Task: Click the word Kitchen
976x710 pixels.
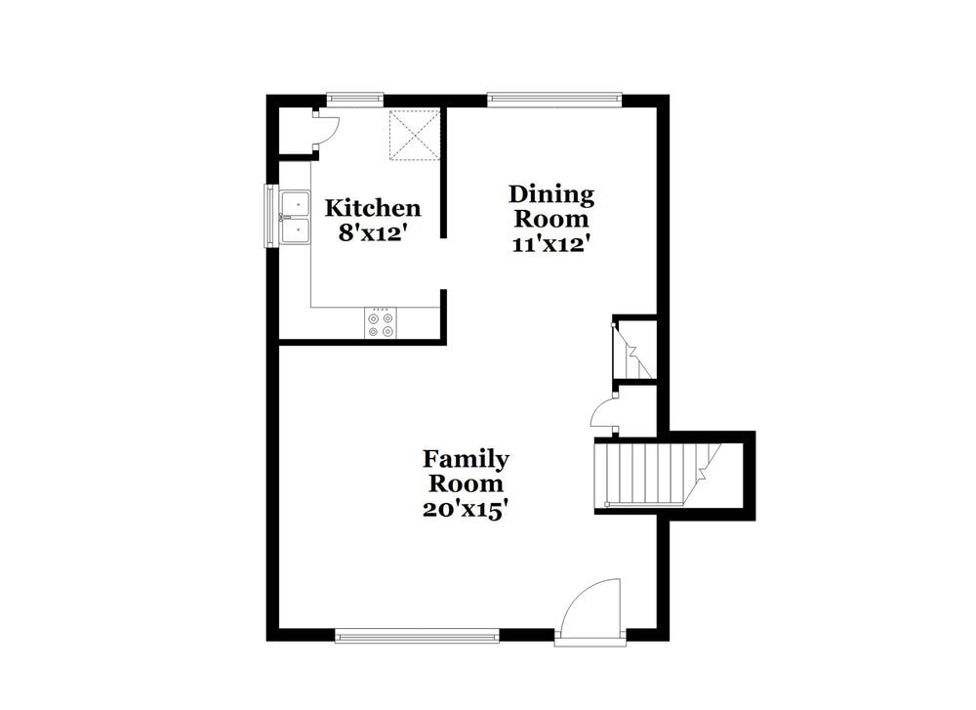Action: click(373, 208)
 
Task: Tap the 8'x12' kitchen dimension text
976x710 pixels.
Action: click(373, 233)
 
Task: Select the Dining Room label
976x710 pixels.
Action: click(550, 206)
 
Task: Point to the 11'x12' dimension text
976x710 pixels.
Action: click(550, 244)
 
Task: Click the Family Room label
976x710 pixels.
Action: click(465, 471)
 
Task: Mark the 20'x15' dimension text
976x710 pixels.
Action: click(465, 509)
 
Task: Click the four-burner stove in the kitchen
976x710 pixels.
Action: click(382, 324)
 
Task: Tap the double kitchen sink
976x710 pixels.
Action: click(293, 217)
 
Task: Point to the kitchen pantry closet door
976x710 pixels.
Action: click(326, 131)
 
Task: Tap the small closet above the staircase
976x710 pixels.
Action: click(633, 349)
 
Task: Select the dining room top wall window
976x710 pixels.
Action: click(553, 98)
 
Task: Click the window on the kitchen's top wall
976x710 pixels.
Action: click(354, 98)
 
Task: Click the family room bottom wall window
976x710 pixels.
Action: click(417, 636)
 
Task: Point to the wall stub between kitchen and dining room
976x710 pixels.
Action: click(443, 173)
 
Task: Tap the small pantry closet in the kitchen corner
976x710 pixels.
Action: click(295, 131)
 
